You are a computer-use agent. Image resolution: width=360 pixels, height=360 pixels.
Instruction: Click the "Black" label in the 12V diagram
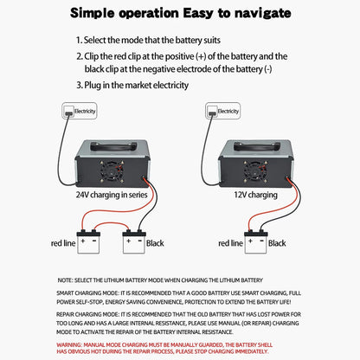click(x=277, y=244)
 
